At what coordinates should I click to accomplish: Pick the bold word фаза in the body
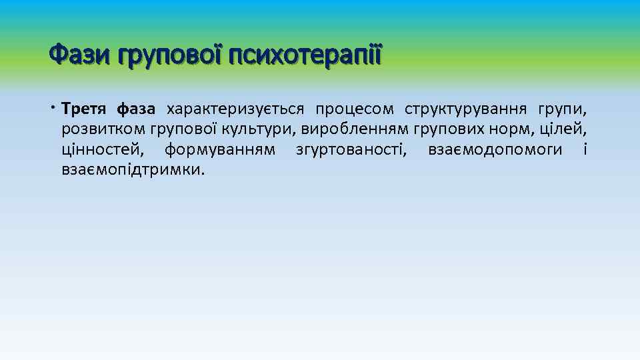click(x=135, y=109)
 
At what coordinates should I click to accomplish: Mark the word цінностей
click(x=101, y=150)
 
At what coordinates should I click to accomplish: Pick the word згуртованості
click(x=351, y=150)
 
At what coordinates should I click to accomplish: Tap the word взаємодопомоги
click(x=495, y=150)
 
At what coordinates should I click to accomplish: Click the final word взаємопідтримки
click(x=132, y=171)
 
